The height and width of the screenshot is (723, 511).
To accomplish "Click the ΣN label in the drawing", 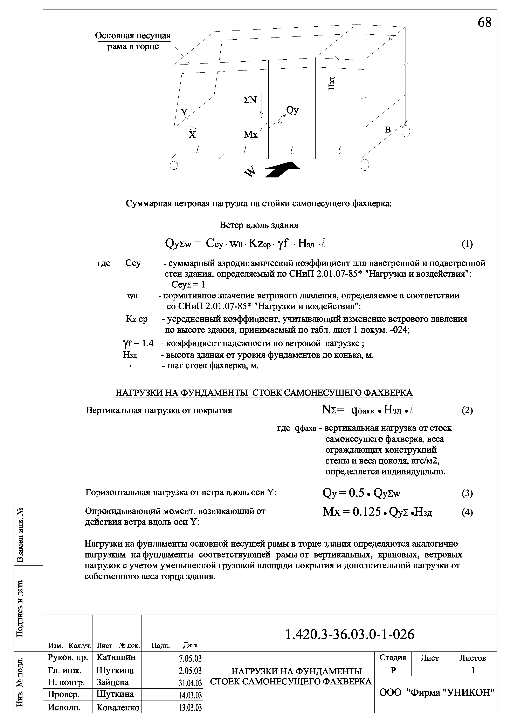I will click(250, 100).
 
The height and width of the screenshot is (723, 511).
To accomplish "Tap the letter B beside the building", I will click(388, 129).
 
